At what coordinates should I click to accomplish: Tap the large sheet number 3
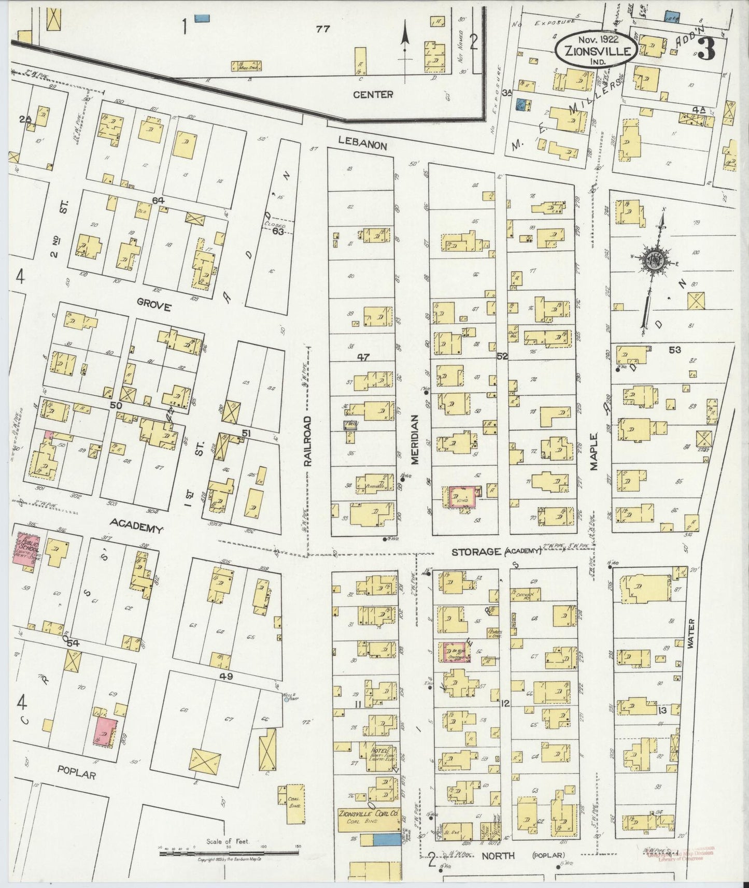[706, 50]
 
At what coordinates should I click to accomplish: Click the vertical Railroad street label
[308, 441]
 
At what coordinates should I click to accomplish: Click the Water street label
[690, 634]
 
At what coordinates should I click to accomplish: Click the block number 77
[323, 30]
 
